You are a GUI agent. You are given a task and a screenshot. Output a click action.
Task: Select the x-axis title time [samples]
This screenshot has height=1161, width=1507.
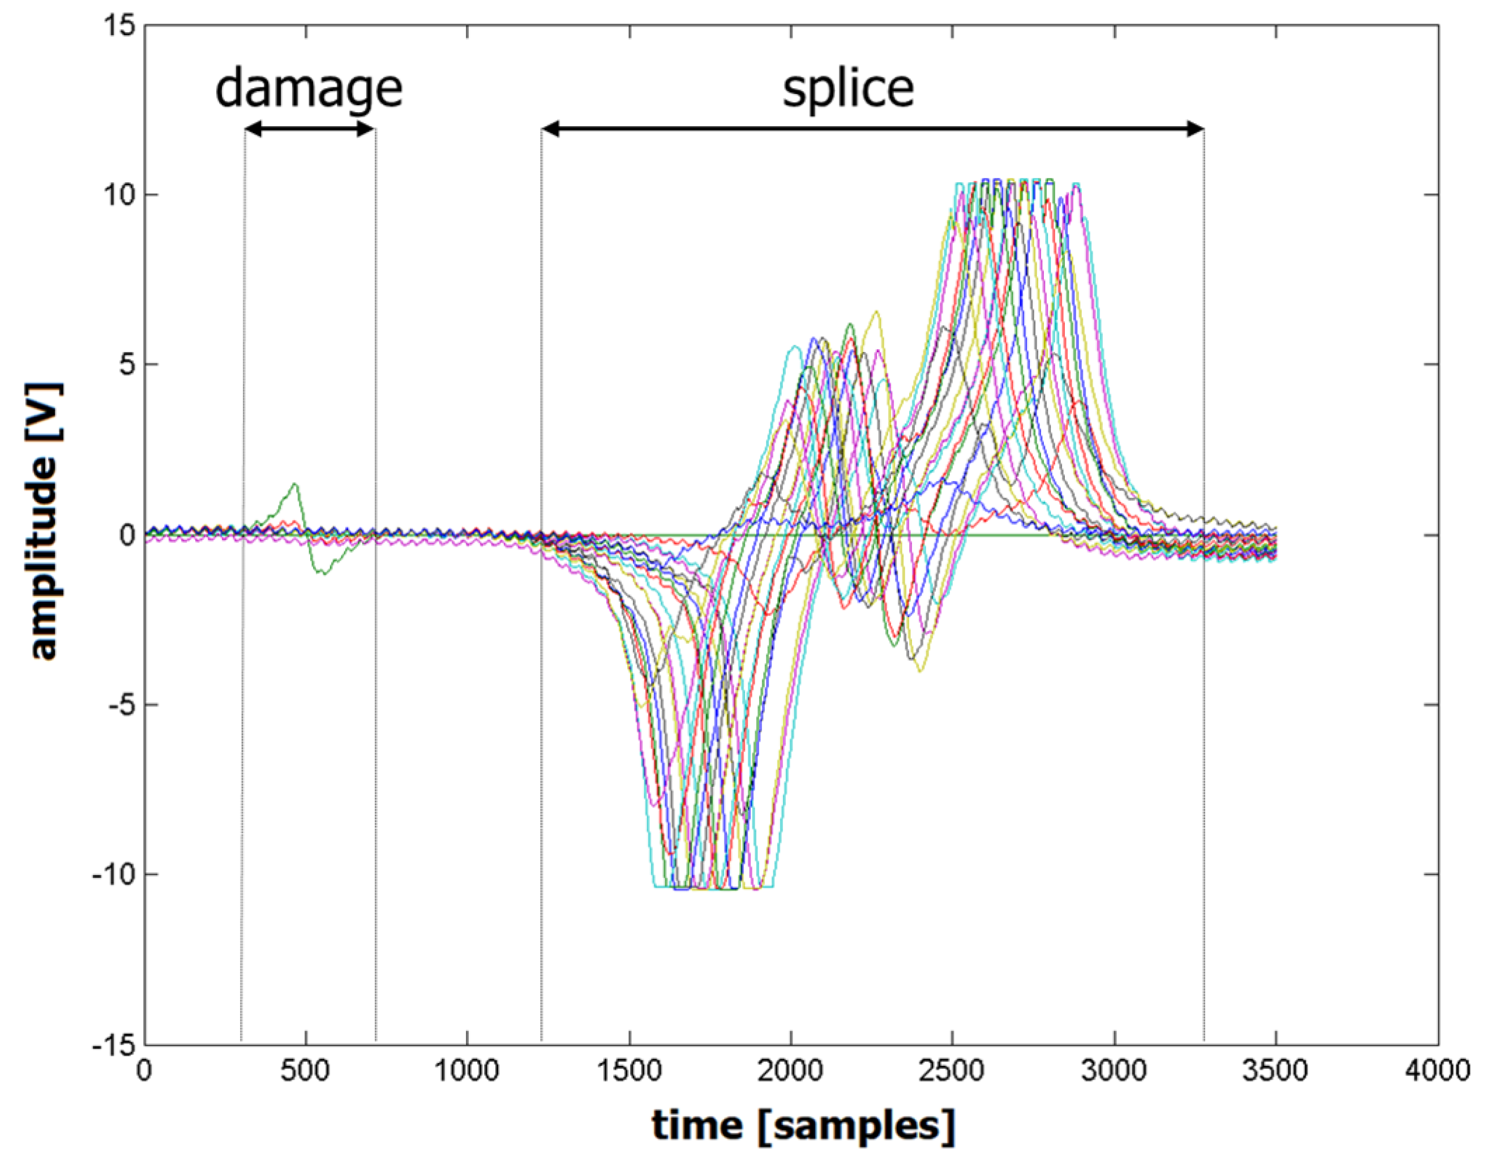(804, 1126)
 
